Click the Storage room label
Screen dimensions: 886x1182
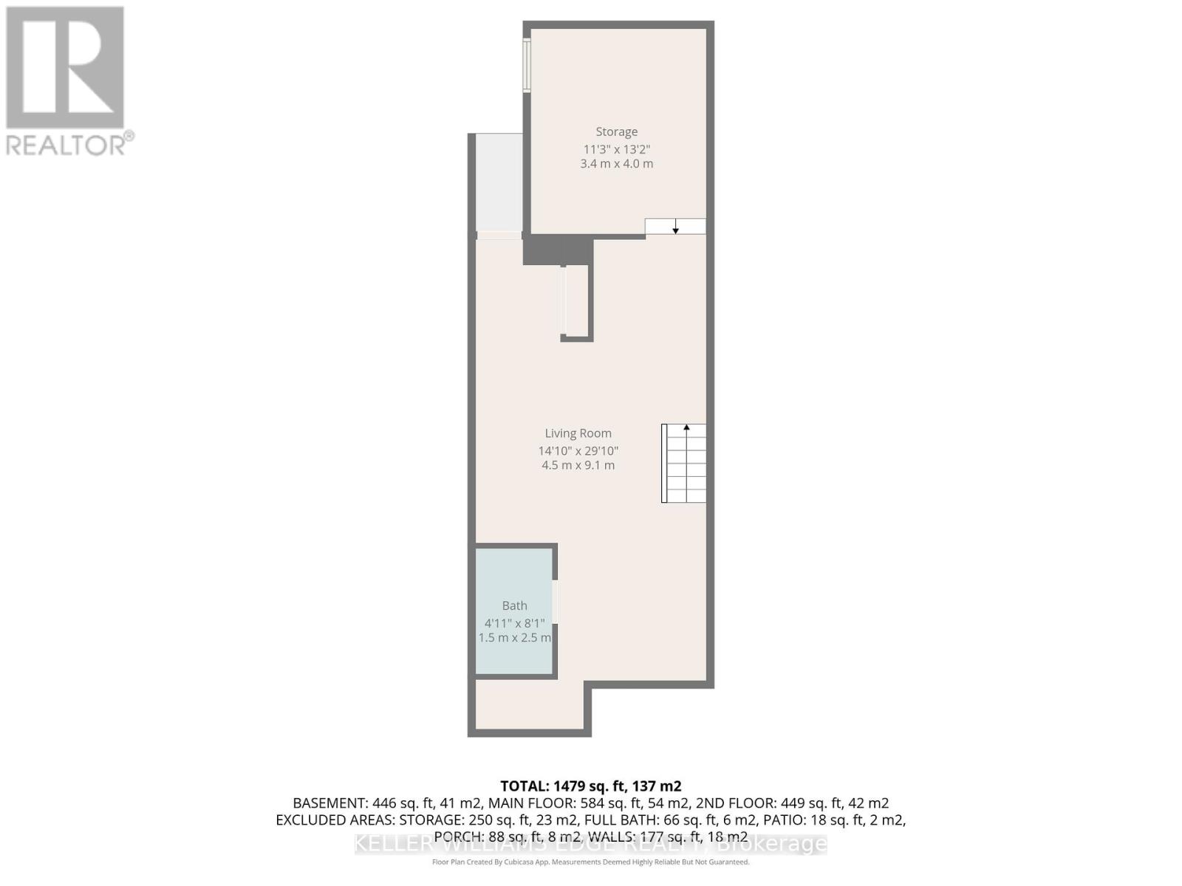pyautogui.click(x=616, y=131)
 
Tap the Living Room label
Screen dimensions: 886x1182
pyautogui.click(x=578, y=433)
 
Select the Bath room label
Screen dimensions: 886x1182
pyautogui.click(x=514, y=605)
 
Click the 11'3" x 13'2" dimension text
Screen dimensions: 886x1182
pyautogui.click(x=616, y=148)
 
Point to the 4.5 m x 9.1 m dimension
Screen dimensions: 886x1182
pyautogui.click(x=578, y=465)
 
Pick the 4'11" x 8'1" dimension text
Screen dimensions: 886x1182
pyautogui.click(x=514, y=622)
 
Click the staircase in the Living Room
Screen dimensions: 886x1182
pyautogui.click(x=684, y=464)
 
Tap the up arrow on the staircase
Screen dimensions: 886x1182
pyautogui.click(x=686, y=428)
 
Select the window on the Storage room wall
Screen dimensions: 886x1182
pyautogui.click(x=527, y=65)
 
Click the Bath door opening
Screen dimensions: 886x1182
pyautogui.click(x=555, y=601)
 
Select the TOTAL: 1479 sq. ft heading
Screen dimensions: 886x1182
pyautogui.click(x=590, y=786)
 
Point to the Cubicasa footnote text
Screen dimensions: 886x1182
pyautogui.click(x=590, y=862)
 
